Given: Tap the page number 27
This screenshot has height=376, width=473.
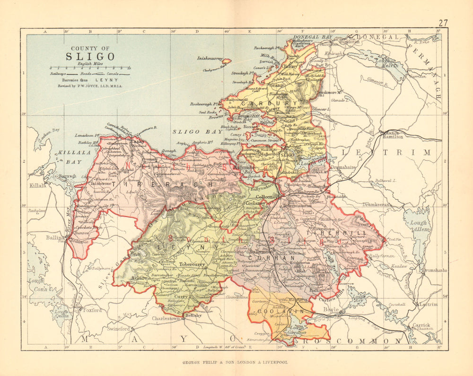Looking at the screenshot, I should [443, 23].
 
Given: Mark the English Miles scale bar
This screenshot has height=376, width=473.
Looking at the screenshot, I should [88, 68].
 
